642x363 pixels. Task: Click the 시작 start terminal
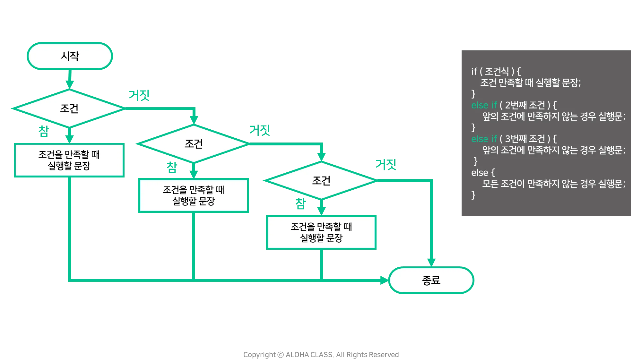(70, 56)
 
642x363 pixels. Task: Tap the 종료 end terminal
(431, 280)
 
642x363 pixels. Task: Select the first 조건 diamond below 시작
(69, 108)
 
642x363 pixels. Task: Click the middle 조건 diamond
(194, 144)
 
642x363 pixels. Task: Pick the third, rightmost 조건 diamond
(321, 181)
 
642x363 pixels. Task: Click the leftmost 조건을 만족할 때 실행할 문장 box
(69, 160)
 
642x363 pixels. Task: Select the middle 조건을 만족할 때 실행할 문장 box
(193, 195)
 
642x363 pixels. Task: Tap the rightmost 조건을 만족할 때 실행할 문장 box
(321, 232)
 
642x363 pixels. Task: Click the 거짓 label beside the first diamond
(140, 96)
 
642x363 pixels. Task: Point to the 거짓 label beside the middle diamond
(260, 130)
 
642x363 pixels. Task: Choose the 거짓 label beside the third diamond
(386, 165)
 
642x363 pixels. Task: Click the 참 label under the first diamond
(44, 131)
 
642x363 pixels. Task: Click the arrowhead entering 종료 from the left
(383, 280)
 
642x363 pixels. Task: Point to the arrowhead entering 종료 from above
(431, 261)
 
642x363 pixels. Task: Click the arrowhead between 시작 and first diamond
(69, 83)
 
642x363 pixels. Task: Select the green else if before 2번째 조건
(484, 105)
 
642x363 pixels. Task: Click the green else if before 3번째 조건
(484, 139)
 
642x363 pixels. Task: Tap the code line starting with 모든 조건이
(553, 184)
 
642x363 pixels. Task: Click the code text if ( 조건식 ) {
(496, 71)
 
